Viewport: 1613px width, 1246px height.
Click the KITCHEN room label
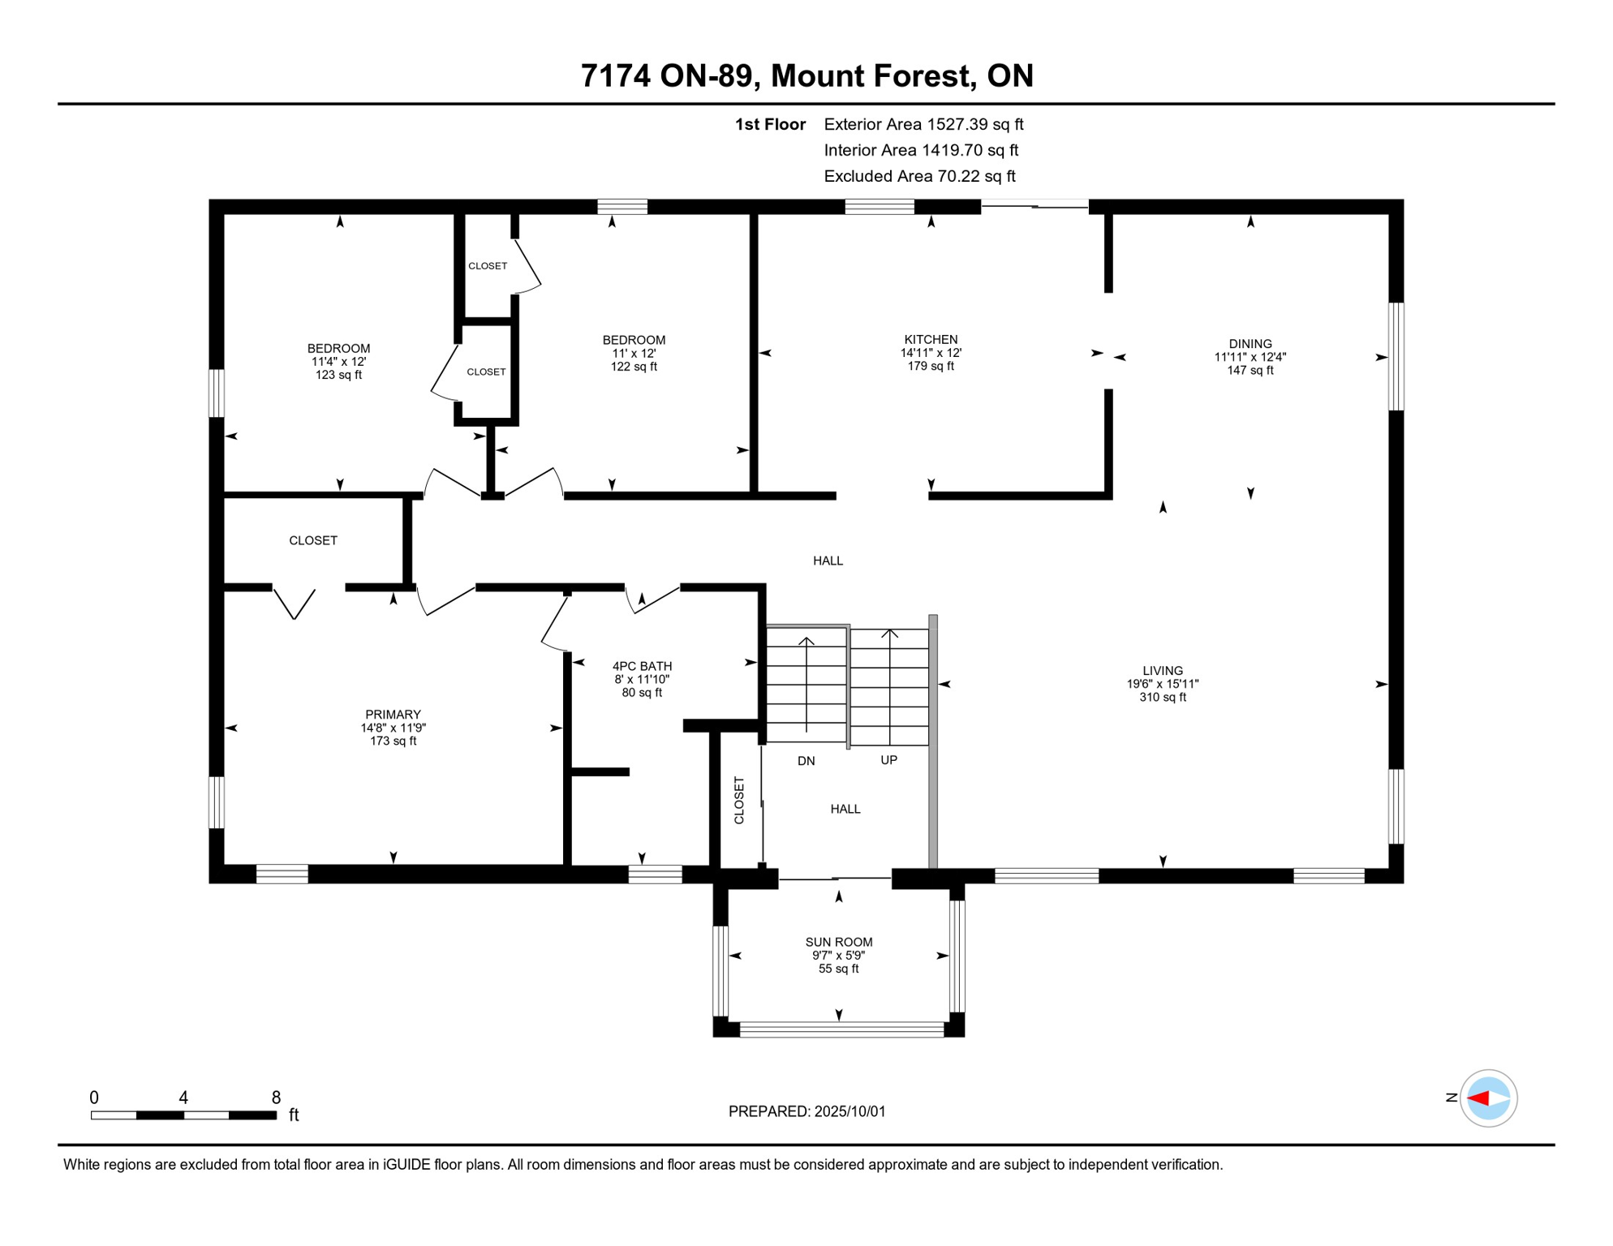coord(931,340)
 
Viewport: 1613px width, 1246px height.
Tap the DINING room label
coord(1250,344)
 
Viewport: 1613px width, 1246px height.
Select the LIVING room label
coord(1163,671)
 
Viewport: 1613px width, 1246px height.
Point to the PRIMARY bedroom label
coord(393,715)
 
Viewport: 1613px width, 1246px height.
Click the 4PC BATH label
coord(642,666)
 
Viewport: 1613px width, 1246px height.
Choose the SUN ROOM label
coord(839,942)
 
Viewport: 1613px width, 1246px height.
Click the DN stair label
coord(806,761)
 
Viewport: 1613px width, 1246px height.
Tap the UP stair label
coord(889,760)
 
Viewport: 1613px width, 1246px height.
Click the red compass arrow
coord(1478,1098)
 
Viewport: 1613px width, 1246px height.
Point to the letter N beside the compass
coord(1451,1098)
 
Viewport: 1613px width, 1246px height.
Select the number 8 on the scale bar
coord(276,1098)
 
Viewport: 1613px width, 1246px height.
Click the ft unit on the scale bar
coord(294,1115)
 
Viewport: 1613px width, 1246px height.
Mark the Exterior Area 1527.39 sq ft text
coord(923,124)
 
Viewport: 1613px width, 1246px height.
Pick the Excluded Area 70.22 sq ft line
coord(919,176)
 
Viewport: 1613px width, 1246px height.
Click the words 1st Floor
coord(770,124)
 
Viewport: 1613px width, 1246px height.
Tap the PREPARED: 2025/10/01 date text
coord(806,1111)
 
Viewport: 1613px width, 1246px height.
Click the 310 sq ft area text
coord(1163,697)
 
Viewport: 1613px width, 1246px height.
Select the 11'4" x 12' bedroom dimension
coord(338,362)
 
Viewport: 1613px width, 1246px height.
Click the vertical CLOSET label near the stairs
coord(739,801)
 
